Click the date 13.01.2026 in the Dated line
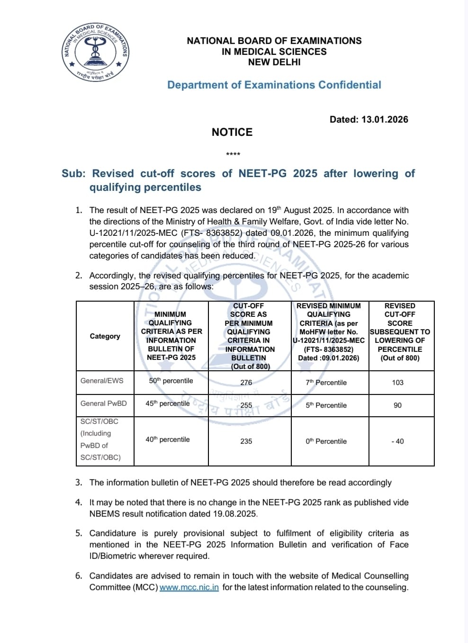tap(385, 119)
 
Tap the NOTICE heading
tap(232, 132)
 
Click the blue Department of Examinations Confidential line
tap(274, 85)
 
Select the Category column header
tap(105, 336)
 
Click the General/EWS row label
tap(102, 381)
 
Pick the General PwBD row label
tap(104, 403)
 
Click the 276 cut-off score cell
tap(246, 382)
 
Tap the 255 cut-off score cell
tap(246, 405)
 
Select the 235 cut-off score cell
tap(246, 441)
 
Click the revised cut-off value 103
tap(398, 382)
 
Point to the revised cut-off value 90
tap(398, 405)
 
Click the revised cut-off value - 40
tap(398, 441)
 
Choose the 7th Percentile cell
tap(326, 382)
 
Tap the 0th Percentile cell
tap(326, 441)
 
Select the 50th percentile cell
tap(171, 381)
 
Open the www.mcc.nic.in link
tap(189, 588)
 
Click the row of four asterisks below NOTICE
tap(233, 154)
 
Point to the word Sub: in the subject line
tap(73, 173)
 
